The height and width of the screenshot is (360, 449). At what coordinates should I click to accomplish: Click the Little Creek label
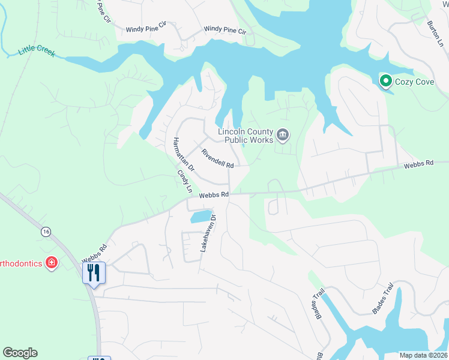(x=37, y=50)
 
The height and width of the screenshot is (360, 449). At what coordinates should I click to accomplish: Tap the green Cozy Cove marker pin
(x=385, y=80)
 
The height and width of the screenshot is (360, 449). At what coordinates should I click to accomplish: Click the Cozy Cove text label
(x=414, y=81)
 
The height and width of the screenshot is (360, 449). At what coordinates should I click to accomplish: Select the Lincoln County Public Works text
(x=246, y=136)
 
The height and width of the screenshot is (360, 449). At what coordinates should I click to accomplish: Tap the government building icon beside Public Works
(x=283, y=136)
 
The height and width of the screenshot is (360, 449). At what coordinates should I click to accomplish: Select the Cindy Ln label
(x=184, y=181)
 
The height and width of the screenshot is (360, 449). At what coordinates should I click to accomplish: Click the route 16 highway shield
(x=46, y=231)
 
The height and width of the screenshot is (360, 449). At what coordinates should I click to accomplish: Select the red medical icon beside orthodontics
(x=52, y=263)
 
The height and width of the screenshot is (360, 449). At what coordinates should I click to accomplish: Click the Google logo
(x=20, y=353)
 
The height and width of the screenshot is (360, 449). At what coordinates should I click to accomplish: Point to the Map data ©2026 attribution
(x=423, y=355)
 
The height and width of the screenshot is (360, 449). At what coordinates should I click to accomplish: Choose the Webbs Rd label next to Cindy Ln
(x=214, y=194)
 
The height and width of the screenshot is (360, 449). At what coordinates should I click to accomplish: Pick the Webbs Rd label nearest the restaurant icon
(x=94, y=253)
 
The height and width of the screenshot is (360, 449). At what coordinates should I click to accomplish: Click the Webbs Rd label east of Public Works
(x=418, y=164)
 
